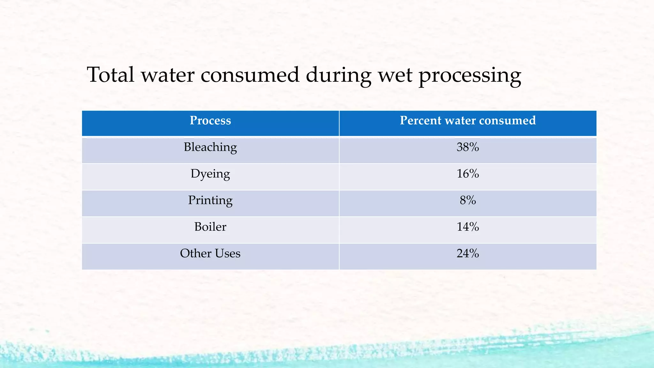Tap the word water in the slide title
pos(168,75)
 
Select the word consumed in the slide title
pos(250,75)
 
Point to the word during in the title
pos(338,75)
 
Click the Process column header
pos(210,120)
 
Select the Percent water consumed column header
pos(468,120)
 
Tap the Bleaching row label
pos(210,147)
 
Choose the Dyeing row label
pos(210,174)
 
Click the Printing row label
pos(210,201)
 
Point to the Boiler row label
pos(210,227)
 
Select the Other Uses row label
pos(210,253)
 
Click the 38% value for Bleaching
pos(468,147)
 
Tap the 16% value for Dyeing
pos(468,173)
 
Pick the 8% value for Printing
pos(468,200)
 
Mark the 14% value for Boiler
pos(468,227)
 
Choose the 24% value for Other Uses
pos(468,253)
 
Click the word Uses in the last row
pos(227,253)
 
